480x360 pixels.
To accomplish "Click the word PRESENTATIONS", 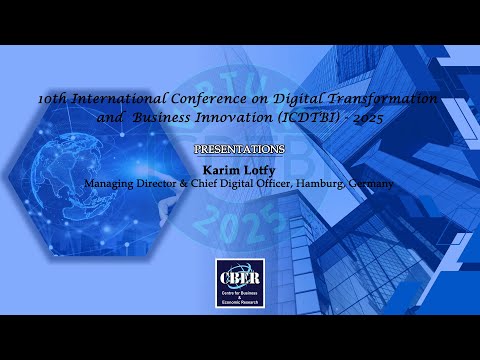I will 239,149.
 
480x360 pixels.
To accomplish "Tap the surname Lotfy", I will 257,169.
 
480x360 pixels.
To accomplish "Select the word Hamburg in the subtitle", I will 311,184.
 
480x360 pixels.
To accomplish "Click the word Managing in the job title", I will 110,184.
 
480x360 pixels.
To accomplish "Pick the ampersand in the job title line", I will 181,184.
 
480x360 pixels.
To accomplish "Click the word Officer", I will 265,184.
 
